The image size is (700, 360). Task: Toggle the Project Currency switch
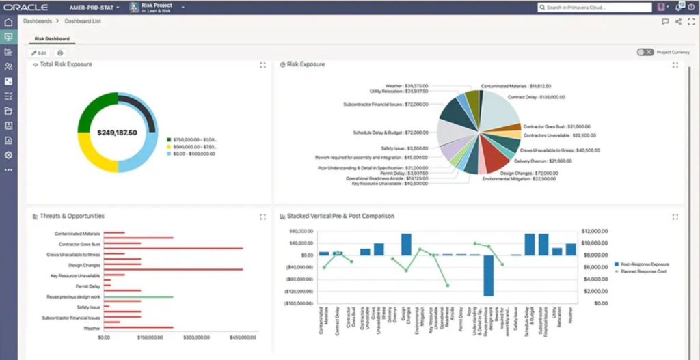click(644, 52)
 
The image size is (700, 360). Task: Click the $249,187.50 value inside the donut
click(118, 133)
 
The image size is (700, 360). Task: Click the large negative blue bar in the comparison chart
click(488, 275)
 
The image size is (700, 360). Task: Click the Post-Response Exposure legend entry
click(645, 264)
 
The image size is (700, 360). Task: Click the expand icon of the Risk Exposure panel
click(675, 65)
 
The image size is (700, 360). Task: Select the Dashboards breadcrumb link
click(38, 22)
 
